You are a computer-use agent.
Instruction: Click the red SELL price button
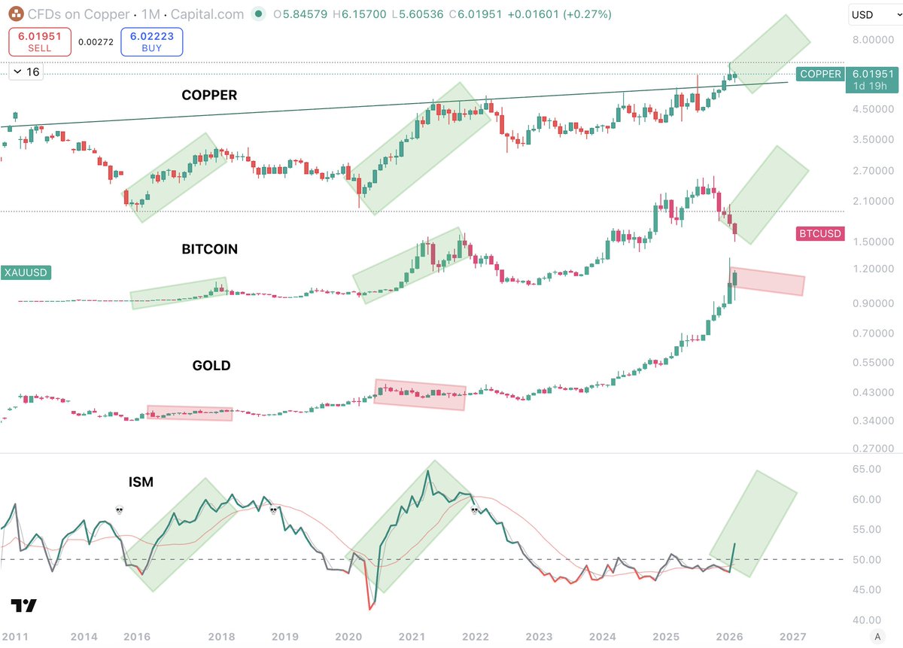[x=40, y=41]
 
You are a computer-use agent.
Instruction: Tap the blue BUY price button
[x=151, y=41]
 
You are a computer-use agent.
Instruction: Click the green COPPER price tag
[x=820, y=74]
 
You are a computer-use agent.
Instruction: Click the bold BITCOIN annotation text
[x=209, y=249]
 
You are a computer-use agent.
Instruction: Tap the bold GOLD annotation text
[x=211, y=366]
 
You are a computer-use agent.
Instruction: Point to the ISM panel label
[x=141, y=482]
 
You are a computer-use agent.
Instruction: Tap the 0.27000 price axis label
[x=865, y=449]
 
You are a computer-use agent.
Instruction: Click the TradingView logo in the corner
[x=24, y=606]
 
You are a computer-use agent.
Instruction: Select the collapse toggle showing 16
[x=27, y=72]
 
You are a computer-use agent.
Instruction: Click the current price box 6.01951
[x=873, y=74]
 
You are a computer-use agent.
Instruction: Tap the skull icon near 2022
[x=475, y=510]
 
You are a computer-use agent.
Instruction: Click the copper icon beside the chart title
[x=13, y=14]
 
